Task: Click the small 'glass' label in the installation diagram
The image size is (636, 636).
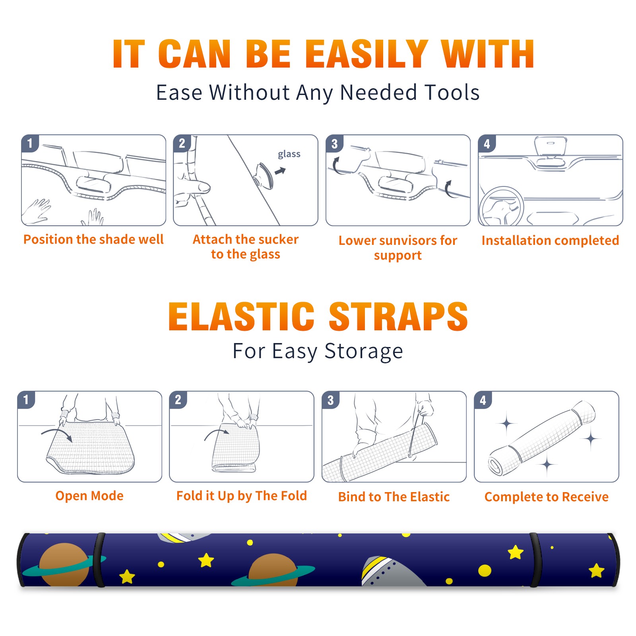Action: pos(289,154)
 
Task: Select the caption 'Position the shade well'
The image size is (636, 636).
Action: pos(93,239)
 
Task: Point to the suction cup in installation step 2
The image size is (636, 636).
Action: pos(265,175)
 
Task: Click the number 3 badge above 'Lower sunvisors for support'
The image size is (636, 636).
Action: pos(334,143)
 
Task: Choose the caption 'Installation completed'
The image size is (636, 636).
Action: pos(550,240)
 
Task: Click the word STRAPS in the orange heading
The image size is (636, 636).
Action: pos(398,316)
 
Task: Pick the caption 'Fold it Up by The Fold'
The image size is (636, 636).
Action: pos(242,496)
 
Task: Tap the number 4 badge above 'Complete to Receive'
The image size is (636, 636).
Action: pos(483,400)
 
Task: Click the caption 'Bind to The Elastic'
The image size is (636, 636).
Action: pos(394,497)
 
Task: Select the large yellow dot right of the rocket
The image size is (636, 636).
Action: pos(485,571)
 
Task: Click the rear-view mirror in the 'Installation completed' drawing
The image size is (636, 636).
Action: pos(550,147)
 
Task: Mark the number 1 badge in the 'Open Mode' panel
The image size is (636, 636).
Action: pos(26,399)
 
